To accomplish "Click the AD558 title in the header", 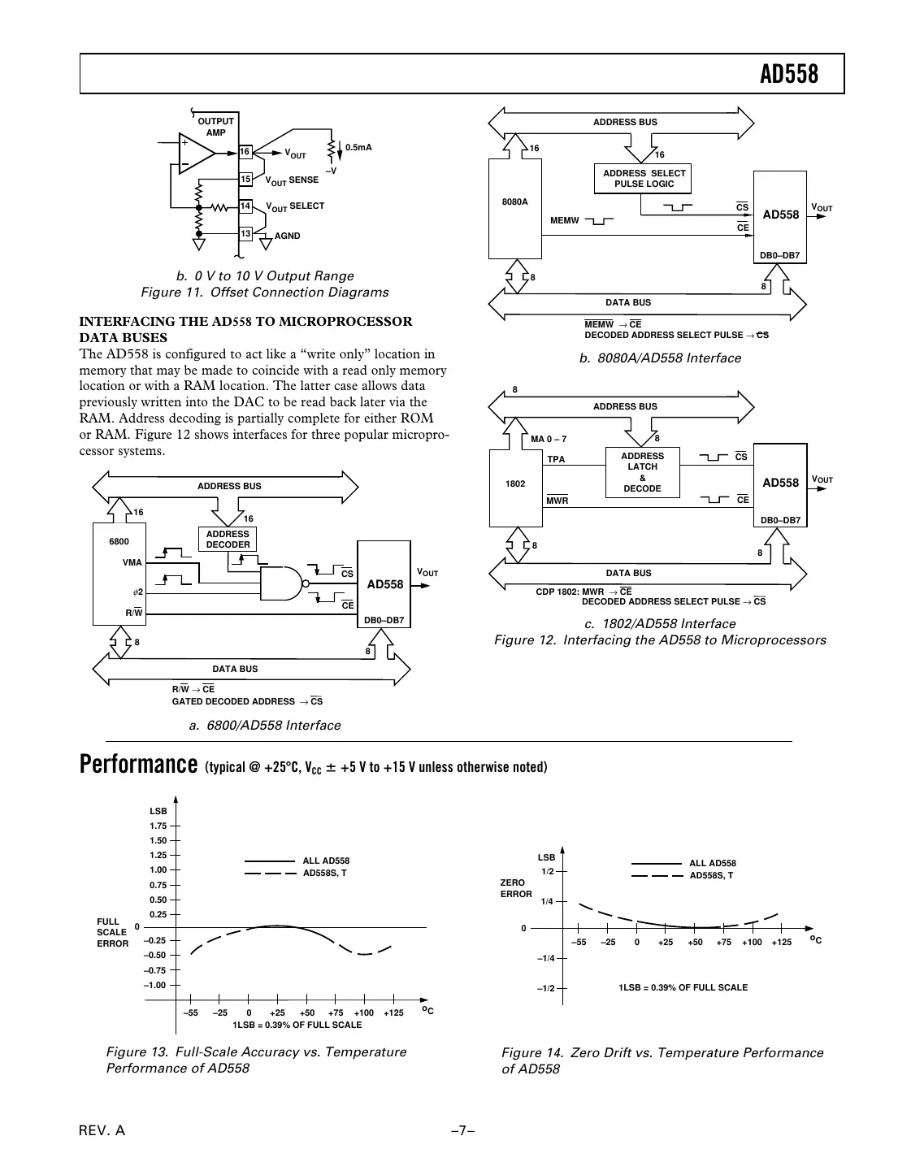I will (x=788, y=75).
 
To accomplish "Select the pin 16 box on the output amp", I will (x=245, y=152).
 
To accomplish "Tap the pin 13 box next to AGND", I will (x=245, y=234).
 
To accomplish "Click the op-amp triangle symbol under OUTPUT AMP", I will (x=196, y=152).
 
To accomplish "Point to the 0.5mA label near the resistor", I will (x=358, y=147).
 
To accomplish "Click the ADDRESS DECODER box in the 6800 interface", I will (x=228, y=540).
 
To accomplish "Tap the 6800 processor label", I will (x=119, y=541).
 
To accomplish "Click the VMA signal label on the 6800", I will (x=132, y=562).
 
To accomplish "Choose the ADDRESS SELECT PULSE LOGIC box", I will (x=644, y=179).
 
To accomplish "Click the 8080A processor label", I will (x=514, y=202).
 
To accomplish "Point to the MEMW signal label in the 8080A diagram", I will (x=564, y=220).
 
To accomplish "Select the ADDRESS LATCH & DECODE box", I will (x=642, y=472).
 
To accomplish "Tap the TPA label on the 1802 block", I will (x=556, y=459).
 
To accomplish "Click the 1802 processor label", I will (x=514, y=483).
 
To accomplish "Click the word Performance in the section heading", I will (x=138, y=765).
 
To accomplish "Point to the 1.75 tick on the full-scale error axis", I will (x=158, y=826).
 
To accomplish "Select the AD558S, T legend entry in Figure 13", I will (x=324, y=873).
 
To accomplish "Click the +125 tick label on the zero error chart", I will (x=781, y=943).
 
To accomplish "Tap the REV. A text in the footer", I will (x=102, y=1130).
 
